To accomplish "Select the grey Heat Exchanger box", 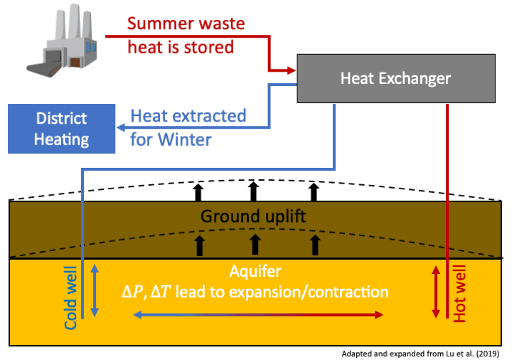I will (x=395, y=79).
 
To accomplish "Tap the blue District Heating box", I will (x=61, y=129).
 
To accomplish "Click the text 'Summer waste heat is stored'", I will (x=186, y=35).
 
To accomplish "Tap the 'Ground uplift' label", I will (x=253, y=216).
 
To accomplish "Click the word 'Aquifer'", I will (x=254, y=272).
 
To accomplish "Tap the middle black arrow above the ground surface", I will (x=254, y=191).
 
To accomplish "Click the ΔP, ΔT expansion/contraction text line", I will (x=254, y=292).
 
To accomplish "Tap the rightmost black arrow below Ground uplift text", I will (x=314, y=245).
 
